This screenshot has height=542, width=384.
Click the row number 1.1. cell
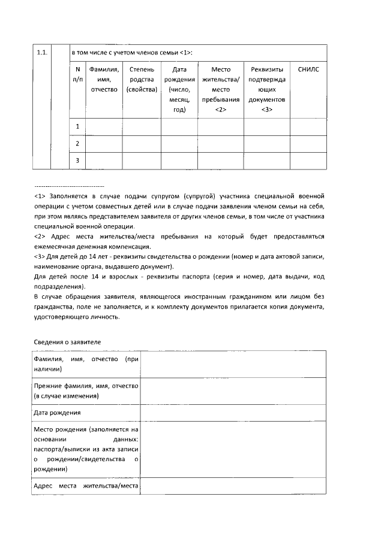point(41,53)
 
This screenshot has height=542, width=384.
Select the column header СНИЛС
point(308,69)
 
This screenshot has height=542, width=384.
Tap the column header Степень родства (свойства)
point(142,80)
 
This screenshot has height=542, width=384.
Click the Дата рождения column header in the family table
point(179,90)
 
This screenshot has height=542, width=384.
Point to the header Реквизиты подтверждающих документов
point(267,90)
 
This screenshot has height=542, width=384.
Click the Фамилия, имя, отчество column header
point(105,80)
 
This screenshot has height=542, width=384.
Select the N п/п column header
point(78,75)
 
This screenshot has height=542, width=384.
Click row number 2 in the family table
point(78,144)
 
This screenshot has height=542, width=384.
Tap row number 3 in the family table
point(78,161)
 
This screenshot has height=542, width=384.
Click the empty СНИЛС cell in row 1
point(308,126)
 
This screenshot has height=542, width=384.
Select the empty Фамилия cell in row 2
point(105,144)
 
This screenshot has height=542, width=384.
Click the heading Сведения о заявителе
point(67,341)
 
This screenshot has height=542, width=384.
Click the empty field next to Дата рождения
point(233,413)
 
